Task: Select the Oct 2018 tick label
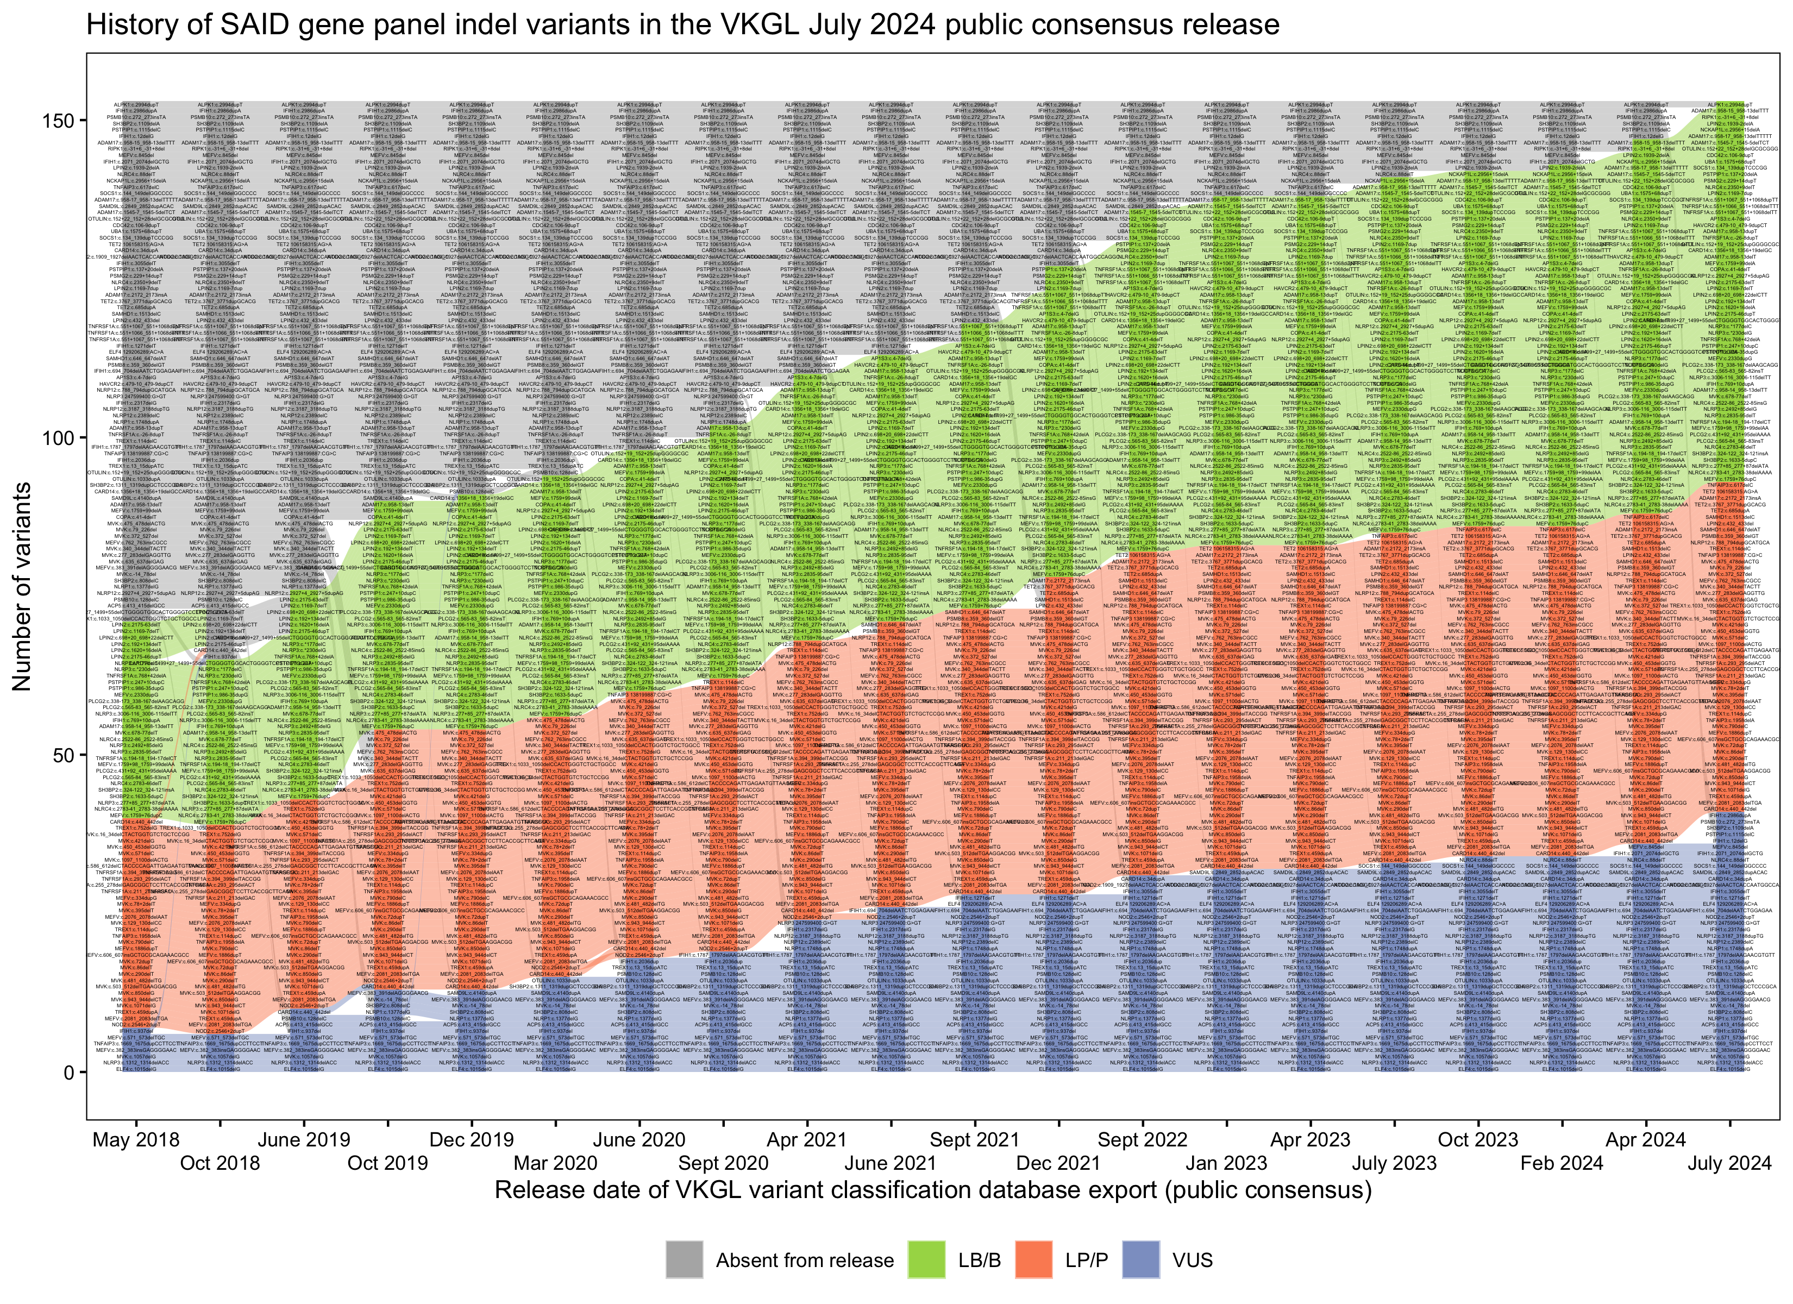pyautogui.click(x=220, y=1163)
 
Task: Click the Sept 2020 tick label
pyautogui.click(x=723, y=1163)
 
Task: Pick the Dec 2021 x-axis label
pyautogui.click(x=1058, y=1163)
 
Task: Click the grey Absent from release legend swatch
pyautogui.click(x=684, y=1259)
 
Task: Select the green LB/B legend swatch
pyautogui.click(x=926, y=1259)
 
